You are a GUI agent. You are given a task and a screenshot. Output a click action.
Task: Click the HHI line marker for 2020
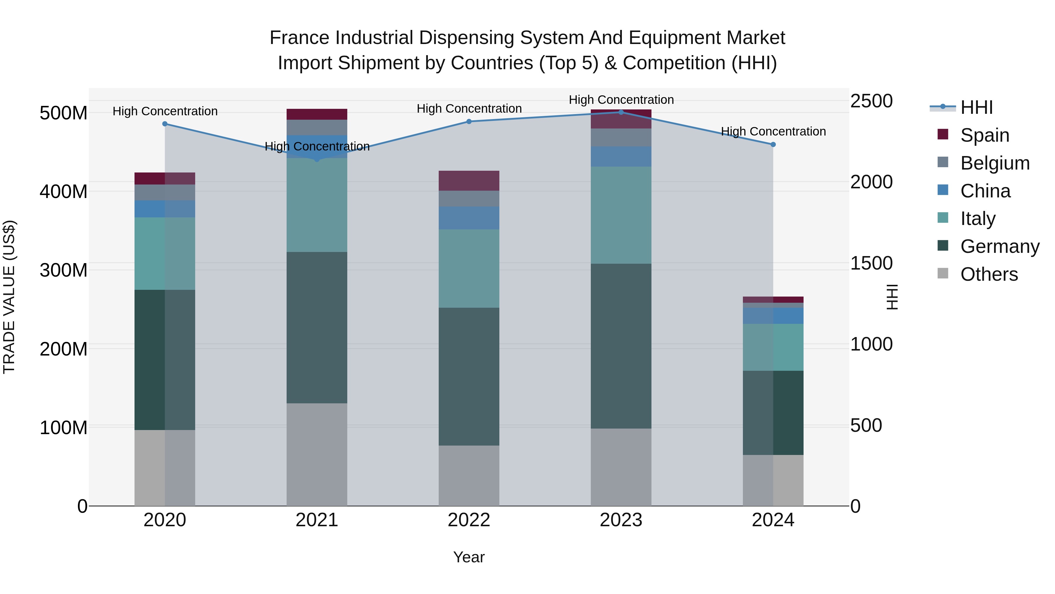click(x=165, y=124)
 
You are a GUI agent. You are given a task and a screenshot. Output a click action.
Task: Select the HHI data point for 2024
click(x=773, y=144)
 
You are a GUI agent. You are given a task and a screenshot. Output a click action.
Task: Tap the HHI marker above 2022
click(x=469, y=121)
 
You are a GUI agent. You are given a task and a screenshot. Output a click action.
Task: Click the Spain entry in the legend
click(x=985, y=135)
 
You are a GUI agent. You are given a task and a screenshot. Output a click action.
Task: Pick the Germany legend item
click(x=1000, y=246)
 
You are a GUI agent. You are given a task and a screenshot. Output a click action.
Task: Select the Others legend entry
click(x=989, y=274)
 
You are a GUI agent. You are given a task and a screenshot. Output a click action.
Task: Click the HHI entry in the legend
click(x=976, y=107)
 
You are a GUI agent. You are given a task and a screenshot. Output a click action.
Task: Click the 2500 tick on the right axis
click(x=871, y=101)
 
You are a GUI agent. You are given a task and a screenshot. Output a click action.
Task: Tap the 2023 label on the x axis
click(x=621, y=520)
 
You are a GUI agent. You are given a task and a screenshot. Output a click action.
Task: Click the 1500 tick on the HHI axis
click(x=871, y=263)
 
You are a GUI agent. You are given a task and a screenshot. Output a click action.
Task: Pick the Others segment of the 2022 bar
click(x=469, y=475)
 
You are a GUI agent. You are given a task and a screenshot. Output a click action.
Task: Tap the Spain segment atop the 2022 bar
click(x=469, y=180)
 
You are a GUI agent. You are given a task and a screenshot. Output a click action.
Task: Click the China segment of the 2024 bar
click(x=773, y=316)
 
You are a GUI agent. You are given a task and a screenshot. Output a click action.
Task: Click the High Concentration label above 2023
click(x=621, y=100)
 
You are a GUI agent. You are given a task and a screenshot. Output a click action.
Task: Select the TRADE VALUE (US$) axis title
click(x=9, y=297)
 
